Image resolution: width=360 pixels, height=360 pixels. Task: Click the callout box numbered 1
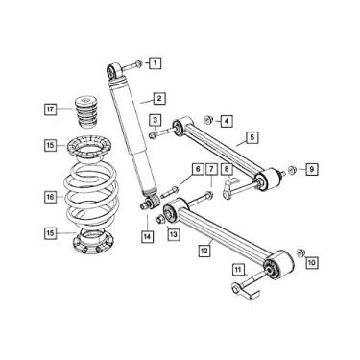point(154,64)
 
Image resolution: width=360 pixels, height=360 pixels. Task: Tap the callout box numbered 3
point(154,120)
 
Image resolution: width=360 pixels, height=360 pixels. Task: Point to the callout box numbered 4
point(225,121)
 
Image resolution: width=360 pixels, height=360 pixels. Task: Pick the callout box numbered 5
point(251,138)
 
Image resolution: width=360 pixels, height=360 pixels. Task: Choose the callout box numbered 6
point(198,170)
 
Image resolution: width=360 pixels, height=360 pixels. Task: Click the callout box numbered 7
point(212,170)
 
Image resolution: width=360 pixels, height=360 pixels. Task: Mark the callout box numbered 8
point(227,170)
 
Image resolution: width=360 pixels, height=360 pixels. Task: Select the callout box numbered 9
point(310,170)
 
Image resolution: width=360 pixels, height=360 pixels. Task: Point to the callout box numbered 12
point(204,252)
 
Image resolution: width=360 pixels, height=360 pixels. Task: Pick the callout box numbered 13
point(174,234)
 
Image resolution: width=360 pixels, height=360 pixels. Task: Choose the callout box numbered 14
point(146,235)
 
